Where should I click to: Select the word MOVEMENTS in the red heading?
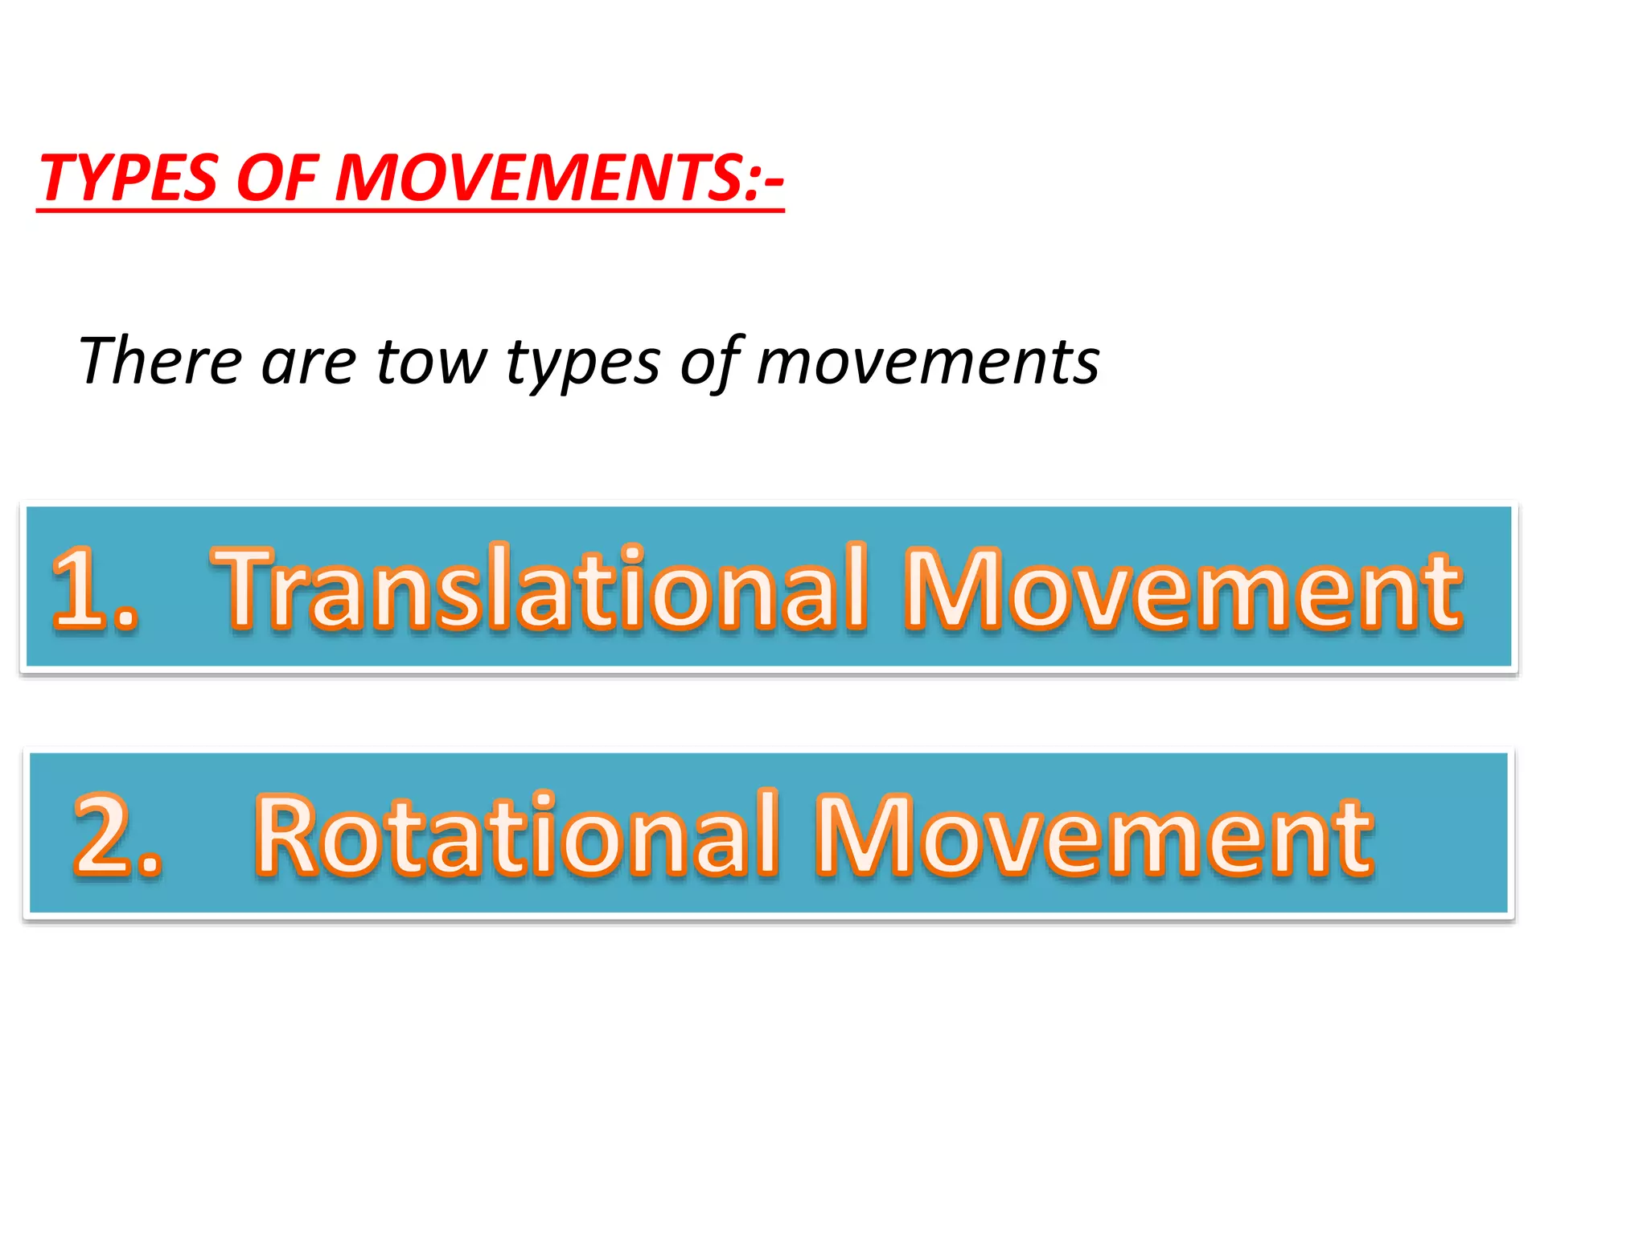[x=539, y=178]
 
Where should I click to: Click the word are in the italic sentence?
[x=308, y=361]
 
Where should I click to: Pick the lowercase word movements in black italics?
[x=927, y=361]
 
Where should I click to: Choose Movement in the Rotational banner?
[x=1094, y=836]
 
